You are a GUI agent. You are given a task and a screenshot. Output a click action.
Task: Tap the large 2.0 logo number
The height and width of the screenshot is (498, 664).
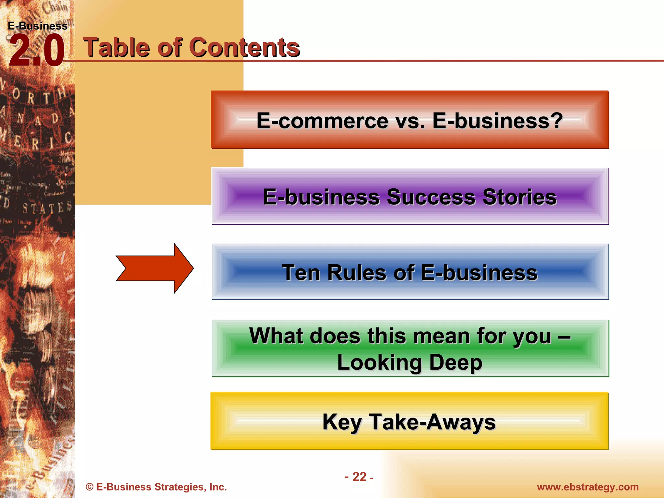(x=36, y=51)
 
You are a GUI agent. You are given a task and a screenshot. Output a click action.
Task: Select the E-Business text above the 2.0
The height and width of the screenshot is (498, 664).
(x=37, y=26)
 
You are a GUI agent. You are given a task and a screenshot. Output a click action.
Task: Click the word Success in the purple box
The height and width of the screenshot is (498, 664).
(x=431, y=197)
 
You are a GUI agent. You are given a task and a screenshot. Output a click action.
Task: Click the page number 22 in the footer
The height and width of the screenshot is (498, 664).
(x=359, y=477)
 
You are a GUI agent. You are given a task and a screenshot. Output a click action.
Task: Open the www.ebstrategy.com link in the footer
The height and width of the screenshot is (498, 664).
(x=587, y=487)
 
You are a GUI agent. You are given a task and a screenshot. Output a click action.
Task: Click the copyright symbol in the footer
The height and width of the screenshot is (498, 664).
(x=89, y=487)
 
